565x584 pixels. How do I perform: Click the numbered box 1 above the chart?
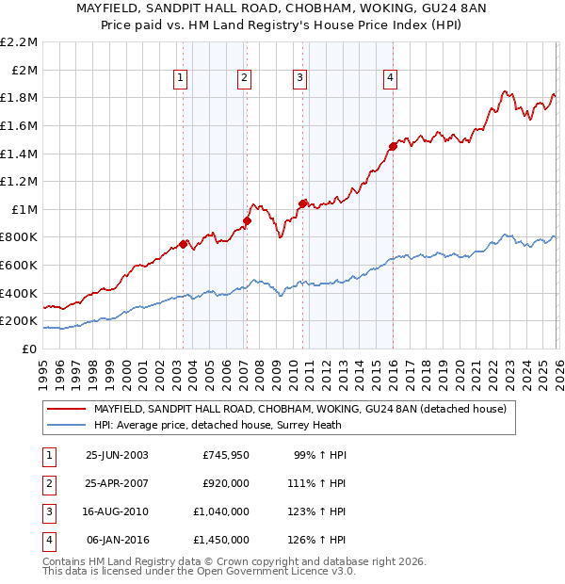(x=180, y=78)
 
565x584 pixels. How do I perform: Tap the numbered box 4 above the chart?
(x=389, y=78)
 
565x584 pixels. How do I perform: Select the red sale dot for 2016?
(x=393, y=146)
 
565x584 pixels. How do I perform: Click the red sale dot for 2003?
(x=183, y=244)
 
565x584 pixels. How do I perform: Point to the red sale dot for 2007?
(x=247, y=221)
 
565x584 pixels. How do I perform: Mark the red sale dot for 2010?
(x=302, y=203)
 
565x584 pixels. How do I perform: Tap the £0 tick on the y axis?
(x=27, y=349)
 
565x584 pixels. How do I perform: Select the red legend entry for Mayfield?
(x=299, y=409)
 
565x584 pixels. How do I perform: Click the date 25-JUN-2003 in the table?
(x=117, y=455)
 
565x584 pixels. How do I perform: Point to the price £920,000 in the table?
(x=226, y=484)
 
